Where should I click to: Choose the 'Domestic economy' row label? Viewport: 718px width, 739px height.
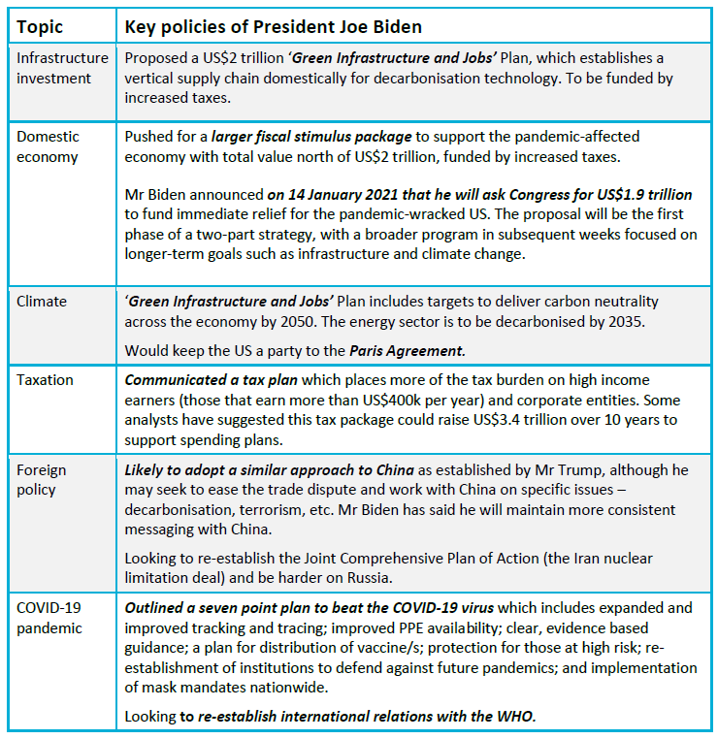point(48,146)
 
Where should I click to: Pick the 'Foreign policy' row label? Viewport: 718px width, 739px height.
point(43,479)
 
